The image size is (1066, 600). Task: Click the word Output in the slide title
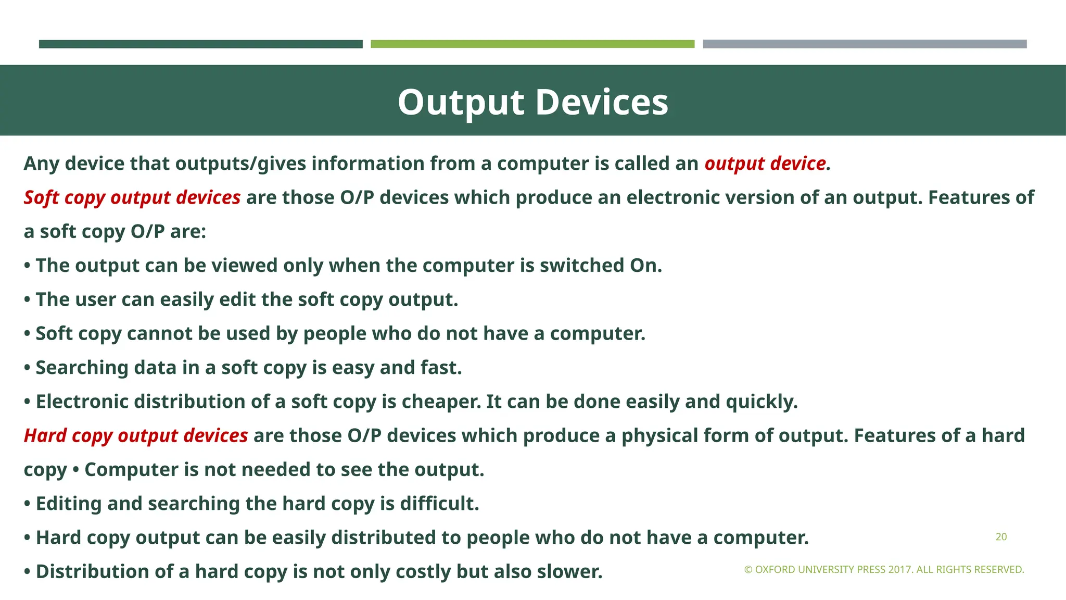click(461, 102)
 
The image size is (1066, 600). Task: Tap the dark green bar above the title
click(200, 44)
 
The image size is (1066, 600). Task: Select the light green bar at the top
click(532, 44)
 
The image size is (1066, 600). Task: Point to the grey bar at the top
click(865, 44)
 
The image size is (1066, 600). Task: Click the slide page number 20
click(1001, 537)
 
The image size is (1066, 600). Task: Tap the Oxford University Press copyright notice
click(884, 570)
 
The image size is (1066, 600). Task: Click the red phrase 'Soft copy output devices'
click(132, 198)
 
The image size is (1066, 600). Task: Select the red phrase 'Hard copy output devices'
click(136, 436)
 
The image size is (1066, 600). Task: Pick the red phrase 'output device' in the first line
click(765, 164)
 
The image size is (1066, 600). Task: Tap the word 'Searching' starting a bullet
click(82, 368)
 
